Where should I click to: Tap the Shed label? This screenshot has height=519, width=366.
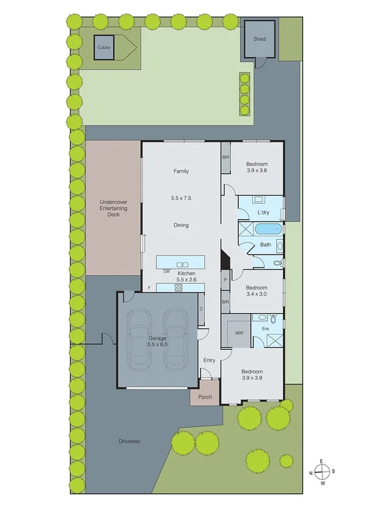(260, 39)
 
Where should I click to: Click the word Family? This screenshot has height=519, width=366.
(181, 171)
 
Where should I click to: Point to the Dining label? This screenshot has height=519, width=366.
(181, 225)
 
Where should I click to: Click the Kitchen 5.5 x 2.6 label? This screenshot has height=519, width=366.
(186, 277)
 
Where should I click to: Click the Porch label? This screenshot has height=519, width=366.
(205, 397)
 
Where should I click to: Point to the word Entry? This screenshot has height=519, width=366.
(209, 360)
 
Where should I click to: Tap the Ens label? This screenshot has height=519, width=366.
(265, 329)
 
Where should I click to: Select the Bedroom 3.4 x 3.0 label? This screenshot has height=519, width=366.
(256, 291)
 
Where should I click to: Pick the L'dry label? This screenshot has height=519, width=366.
(263, 212)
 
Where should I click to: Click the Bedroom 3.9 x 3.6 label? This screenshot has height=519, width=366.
(256, 168)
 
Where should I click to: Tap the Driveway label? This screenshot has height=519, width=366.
(129, 441)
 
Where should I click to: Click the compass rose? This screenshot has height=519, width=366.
(322, 471)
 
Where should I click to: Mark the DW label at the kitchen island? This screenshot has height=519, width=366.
(166, 270)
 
